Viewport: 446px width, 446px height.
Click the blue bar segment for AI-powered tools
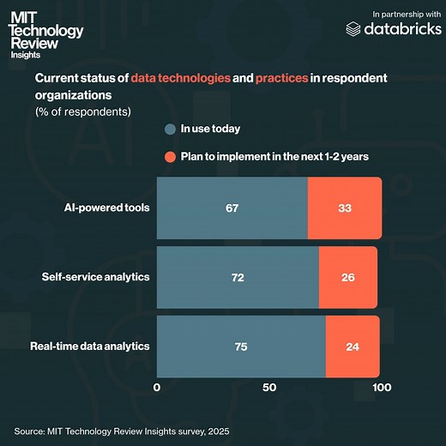click(x=232, y=208)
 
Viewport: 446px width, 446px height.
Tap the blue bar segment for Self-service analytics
click(x=238, y=277)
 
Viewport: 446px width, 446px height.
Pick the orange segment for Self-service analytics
click(x=347, y=277)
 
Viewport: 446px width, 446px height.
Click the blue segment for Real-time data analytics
click(x=241, y=346)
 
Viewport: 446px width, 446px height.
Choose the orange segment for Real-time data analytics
click(x=352, y=346)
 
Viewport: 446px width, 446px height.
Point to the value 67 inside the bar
click(x=232, y=208)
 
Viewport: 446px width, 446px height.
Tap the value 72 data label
click(x=238, y=278)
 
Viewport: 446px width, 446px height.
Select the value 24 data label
click(x=352, y=347)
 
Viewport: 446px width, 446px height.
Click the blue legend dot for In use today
click(x=170, y=130)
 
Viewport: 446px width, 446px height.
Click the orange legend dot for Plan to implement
click(x=170, y=157)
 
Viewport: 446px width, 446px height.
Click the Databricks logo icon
click(x=353, y=29)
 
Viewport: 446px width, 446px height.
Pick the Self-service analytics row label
click(x=95, y=277)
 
